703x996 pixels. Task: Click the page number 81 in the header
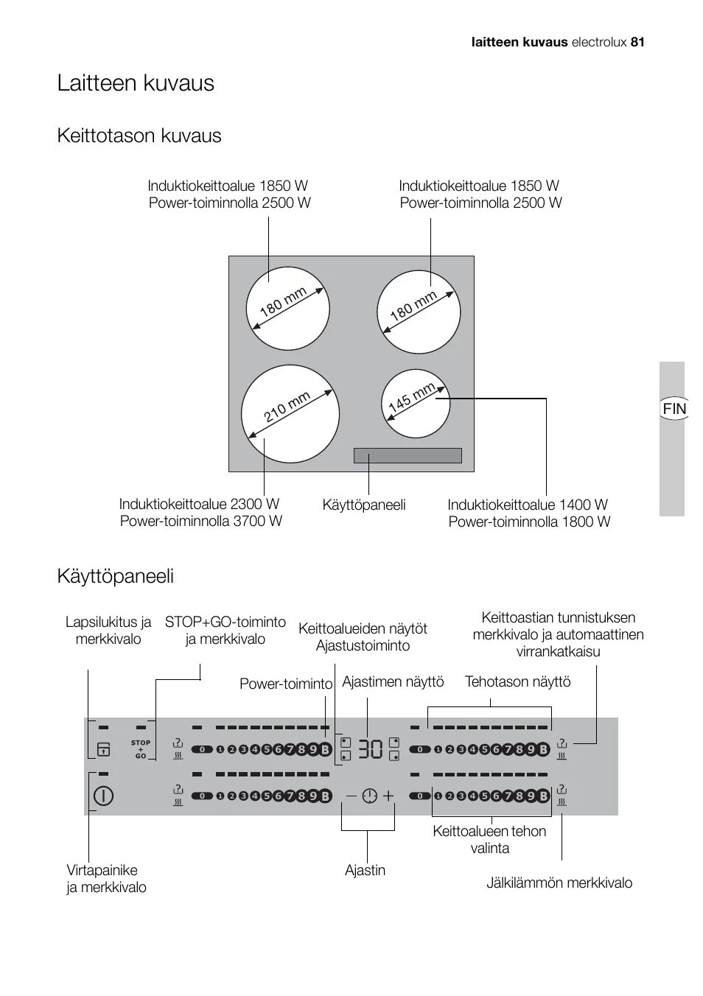pos(637,42)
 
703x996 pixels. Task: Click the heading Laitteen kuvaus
pos(136,83)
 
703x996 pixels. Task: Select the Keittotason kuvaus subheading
pos(139,136)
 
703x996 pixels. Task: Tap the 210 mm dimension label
pos(287,407)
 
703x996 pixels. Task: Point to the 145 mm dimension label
pos(411,398)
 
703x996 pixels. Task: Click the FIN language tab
pos(674,408)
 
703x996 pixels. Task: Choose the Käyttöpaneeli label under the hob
pos(364,505)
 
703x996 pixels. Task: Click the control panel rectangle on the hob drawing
pos(408,455)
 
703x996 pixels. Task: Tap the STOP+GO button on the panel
pos(140,749)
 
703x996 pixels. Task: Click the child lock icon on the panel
pos(103,749)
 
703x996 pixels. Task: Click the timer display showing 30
pos(371,749)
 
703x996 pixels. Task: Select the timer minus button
pos(351,796)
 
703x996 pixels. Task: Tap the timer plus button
pos(388,796)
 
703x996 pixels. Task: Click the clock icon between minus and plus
pos(369,796)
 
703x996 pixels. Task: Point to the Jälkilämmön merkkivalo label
pos(559,883)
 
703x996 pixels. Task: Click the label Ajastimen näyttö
pos(393,682)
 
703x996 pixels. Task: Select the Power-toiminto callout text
pos(286,684)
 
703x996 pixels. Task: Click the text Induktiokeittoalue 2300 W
pos(199,505)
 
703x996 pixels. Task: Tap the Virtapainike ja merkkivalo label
pos(106,879)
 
